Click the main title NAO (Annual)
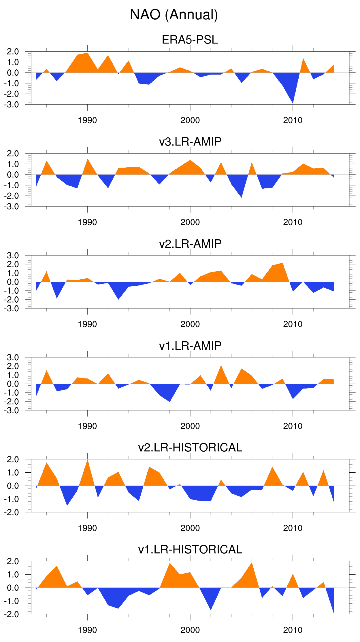[174, 15]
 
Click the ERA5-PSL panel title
[190, 40]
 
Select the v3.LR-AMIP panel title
[190, 142]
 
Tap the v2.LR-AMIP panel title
[190, 244]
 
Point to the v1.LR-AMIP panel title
[190, 346]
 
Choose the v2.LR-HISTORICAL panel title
[190, 448]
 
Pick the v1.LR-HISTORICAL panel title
[190, 550]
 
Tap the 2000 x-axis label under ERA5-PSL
[190, 120]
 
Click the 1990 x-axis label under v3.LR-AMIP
[87, 222]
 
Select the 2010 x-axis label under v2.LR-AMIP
[293, 324]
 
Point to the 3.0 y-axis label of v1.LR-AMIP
[13, 357]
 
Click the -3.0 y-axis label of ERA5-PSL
[12, 105]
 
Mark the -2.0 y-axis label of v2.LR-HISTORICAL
[12, 512]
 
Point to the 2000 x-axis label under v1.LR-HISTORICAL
[190, 630]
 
